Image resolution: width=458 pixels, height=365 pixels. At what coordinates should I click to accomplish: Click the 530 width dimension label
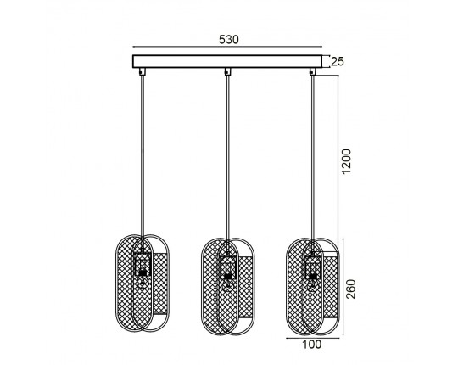pos(229,39)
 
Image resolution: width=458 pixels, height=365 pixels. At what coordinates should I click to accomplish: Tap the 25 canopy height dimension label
pos(338,62)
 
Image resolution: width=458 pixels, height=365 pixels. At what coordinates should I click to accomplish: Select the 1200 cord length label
pos(346,161)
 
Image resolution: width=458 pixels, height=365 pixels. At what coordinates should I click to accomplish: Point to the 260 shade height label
pos(351,289)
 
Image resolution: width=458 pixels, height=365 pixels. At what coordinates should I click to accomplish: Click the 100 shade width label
pos(311,345)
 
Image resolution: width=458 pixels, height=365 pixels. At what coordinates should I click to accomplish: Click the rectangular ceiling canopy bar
pos(227,61)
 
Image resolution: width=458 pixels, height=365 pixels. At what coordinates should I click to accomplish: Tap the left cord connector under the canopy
pos(142,71)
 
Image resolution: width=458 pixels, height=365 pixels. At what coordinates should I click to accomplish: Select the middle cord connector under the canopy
pos(227,71)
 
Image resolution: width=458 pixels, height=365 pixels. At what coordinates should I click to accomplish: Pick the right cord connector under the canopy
pos(312,71)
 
